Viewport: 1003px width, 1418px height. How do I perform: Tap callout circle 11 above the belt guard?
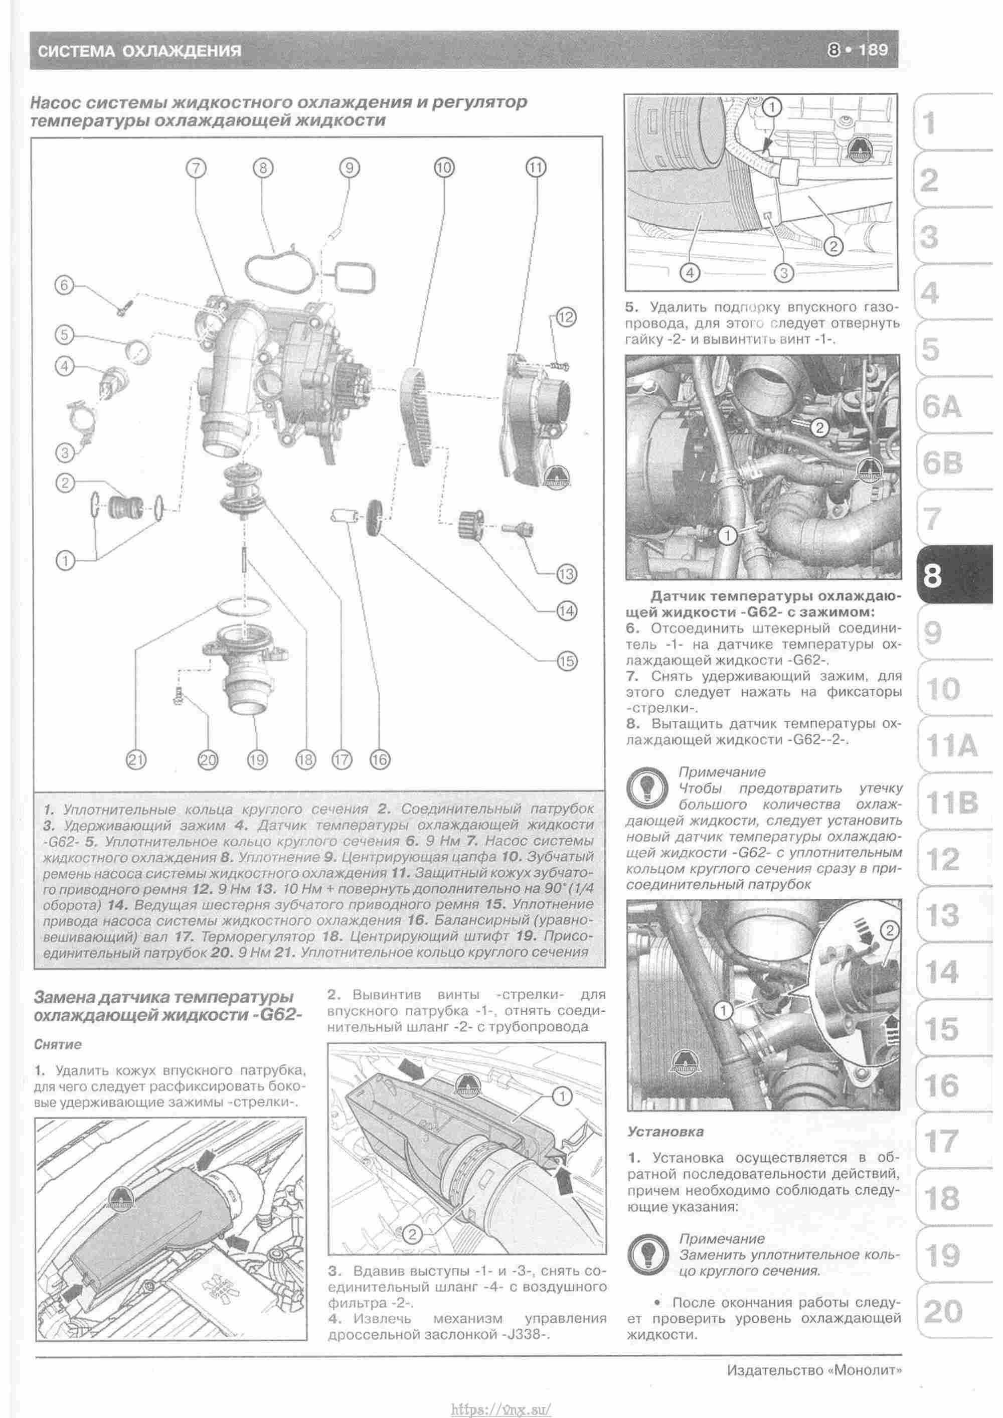536,168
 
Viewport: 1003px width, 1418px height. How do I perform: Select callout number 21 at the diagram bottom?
136,759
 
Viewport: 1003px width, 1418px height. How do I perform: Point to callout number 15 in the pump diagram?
566,661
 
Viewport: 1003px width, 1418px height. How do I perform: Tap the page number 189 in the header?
872,50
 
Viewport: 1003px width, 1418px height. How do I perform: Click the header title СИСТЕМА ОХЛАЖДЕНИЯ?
139,51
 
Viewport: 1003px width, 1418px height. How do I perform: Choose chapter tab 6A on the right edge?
941,406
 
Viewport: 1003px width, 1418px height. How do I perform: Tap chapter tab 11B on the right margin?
951,803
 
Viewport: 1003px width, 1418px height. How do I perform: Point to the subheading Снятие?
58,1044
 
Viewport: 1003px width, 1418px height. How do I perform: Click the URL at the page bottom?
501,1405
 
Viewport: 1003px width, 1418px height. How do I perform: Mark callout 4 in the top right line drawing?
690,272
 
